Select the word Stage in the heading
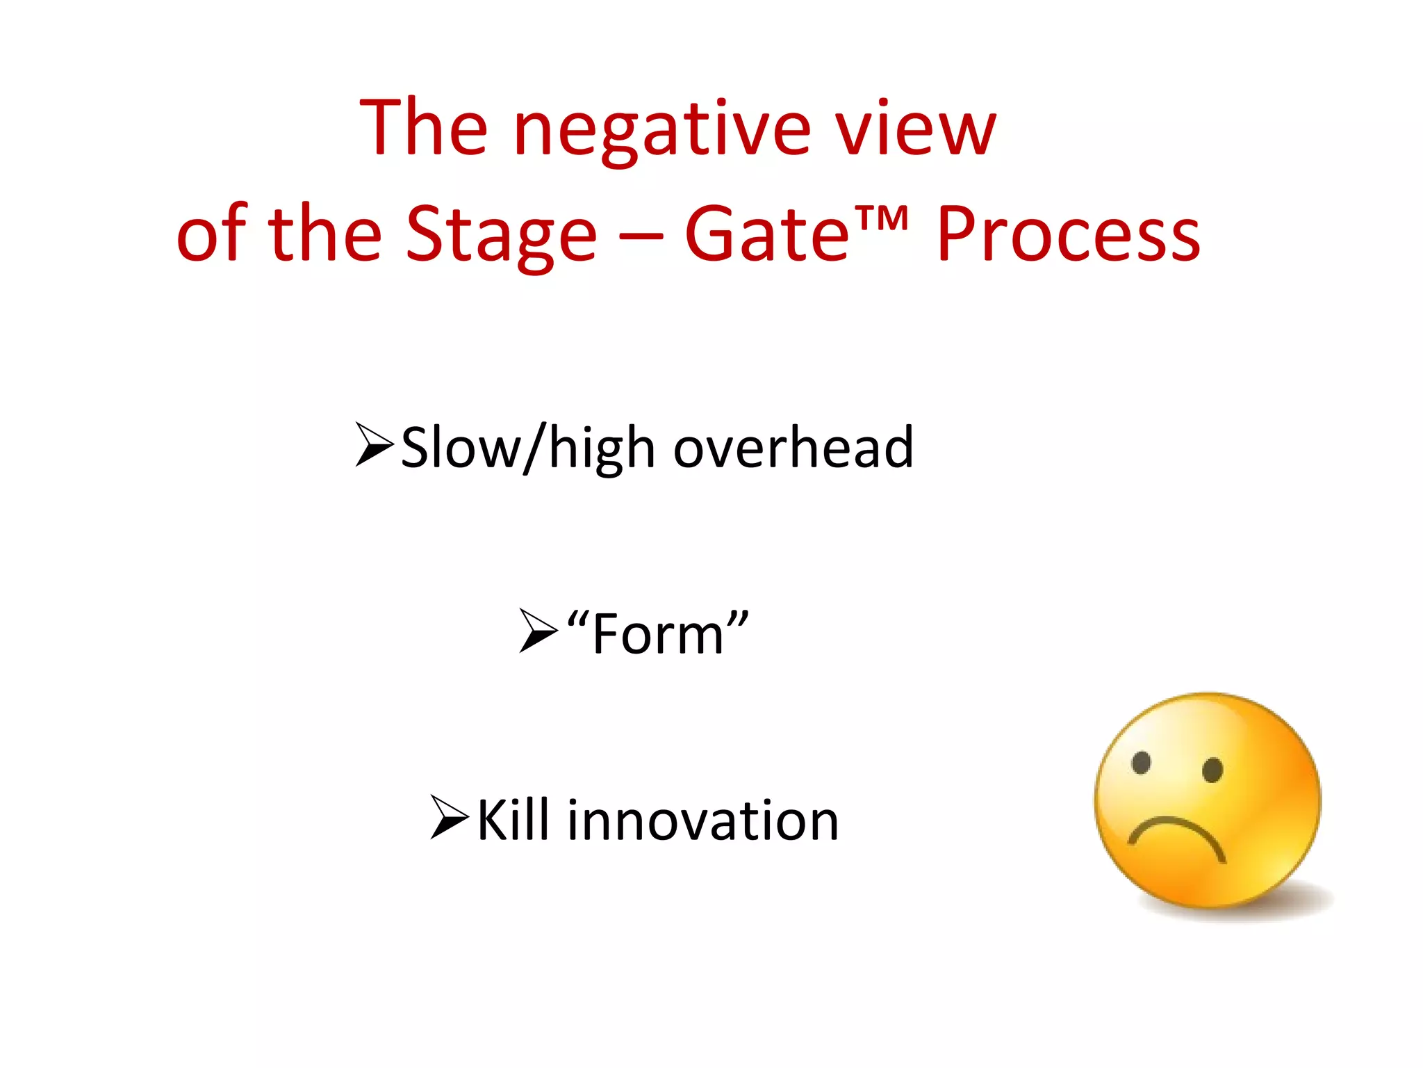click(x=500, y=236)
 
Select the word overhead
click(x=793, y=448)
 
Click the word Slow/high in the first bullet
click(x=528, y=449)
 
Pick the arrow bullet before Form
click(x=538, y=631)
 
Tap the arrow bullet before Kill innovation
click(x=449, y=816)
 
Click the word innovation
click(x=702, y=820)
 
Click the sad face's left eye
click(x=1141, y=762)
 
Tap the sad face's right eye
click(x=1212, y=770)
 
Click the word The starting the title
click(x=424, y=129)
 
